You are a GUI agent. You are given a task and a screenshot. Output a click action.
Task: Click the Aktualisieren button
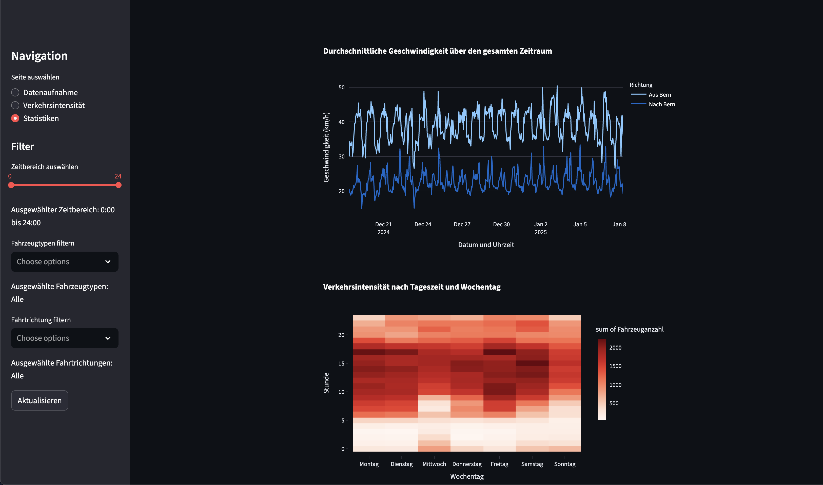(40, 400)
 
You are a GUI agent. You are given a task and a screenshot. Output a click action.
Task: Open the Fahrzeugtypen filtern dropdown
(65, 261)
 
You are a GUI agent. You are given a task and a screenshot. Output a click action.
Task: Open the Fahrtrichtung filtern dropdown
(65, 338)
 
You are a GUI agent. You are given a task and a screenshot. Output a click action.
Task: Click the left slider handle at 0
(11, 185)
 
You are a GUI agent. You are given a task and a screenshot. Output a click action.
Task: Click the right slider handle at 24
(118, 185)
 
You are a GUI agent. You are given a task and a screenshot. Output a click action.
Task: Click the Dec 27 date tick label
(462, 224)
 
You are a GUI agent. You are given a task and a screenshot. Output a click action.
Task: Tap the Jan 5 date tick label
(580, 224)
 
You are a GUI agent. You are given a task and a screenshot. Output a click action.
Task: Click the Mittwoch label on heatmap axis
(434, 464)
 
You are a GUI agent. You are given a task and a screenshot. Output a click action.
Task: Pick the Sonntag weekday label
(564, 464)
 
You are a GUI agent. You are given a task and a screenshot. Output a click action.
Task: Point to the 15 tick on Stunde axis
(341, 363)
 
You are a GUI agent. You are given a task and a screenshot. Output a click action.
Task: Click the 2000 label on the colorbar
(615, 347)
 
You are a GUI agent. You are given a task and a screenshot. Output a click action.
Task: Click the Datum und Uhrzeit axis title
(486, 245)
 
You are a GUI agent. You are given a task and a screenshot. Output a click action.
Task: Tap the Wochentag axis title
(467, 476)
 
